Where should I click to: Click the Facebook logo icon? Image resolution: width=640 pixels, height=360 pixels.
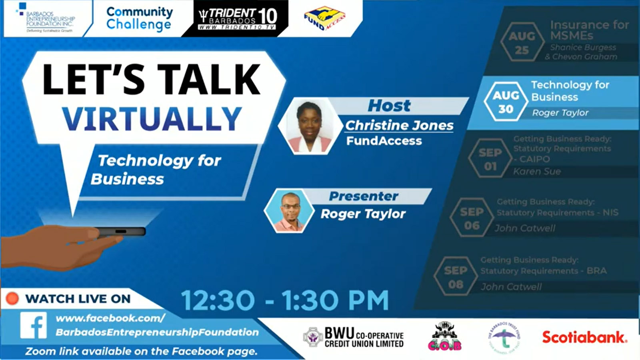point(34,326)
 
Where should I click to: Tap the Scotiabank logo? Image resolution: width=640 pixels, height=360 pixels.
point(584,337)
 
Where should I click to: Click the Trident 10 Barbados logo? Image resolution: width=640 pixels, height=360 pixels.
point(238,18)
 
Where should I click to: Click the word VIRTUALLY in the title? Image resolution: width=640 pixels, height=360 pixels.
point(152,119)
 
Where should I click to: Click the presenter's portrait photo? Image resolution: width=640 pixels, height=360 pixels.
point(289,211)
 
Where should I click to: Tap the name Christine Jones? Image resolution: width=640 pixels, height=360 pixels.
point(399,125)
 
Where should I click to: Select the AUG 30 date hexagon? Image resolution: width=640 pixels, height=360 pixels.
point(506,102)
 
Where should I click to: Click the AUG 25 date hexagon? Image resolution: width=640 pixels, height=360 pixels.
point(522,43)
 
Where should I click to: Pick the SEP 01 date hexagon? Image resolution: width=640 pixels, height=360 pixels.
point(490,159)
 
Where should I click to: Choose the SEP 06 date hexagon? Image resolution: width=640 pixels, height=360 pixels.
point(472,218)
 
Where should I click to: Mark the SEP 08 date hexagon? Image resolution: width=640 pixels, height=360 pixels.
point(455,277)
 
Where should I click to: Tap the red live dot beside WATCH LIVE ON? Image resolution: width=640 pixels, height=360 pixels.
point(12,298)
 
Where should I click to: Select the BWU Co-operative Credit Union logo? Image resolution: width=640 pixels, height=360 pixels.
point(353,337)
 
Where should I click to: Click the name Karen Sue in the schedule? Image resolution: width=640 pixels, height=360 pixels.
point(537,172)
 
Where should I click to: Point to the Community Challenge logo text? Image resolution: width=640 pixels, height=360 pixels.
point(139,18)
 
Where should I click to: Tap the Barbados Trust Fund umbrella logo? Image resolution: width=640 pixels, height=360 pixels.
point(504,337)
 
